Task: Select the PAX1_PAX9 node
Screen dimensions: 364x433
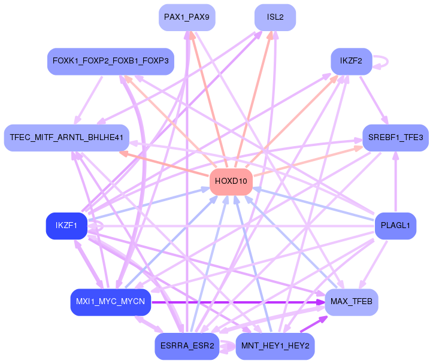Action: pos(187,17)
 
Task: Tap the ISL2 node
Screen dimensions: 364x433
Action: pos(275,17)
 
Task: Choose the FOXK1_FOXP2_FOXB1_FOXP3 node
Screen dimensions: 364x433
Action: pos(110,61)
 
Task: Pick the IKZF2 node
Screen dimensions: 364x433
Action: pos(351,61)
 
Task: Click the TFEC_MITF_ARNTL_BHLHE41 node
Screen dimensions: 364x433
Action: pos(66,138)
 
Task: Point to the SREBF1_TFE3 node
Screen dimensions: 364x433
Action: pos(395,138)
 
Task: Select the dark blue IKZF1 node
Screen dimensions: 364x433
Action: pos(66,226)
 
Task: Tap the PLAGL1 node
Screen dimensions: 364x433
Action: pos(395,226)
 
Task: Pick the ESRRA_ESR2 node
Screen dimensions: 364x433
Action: pos(187,347)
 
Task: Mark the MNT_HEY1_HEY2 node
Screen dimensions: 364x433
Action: pos(275,347)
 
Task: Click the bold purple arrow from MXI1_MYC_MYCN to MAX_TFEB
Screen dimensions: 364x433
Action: pos(240,302)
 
